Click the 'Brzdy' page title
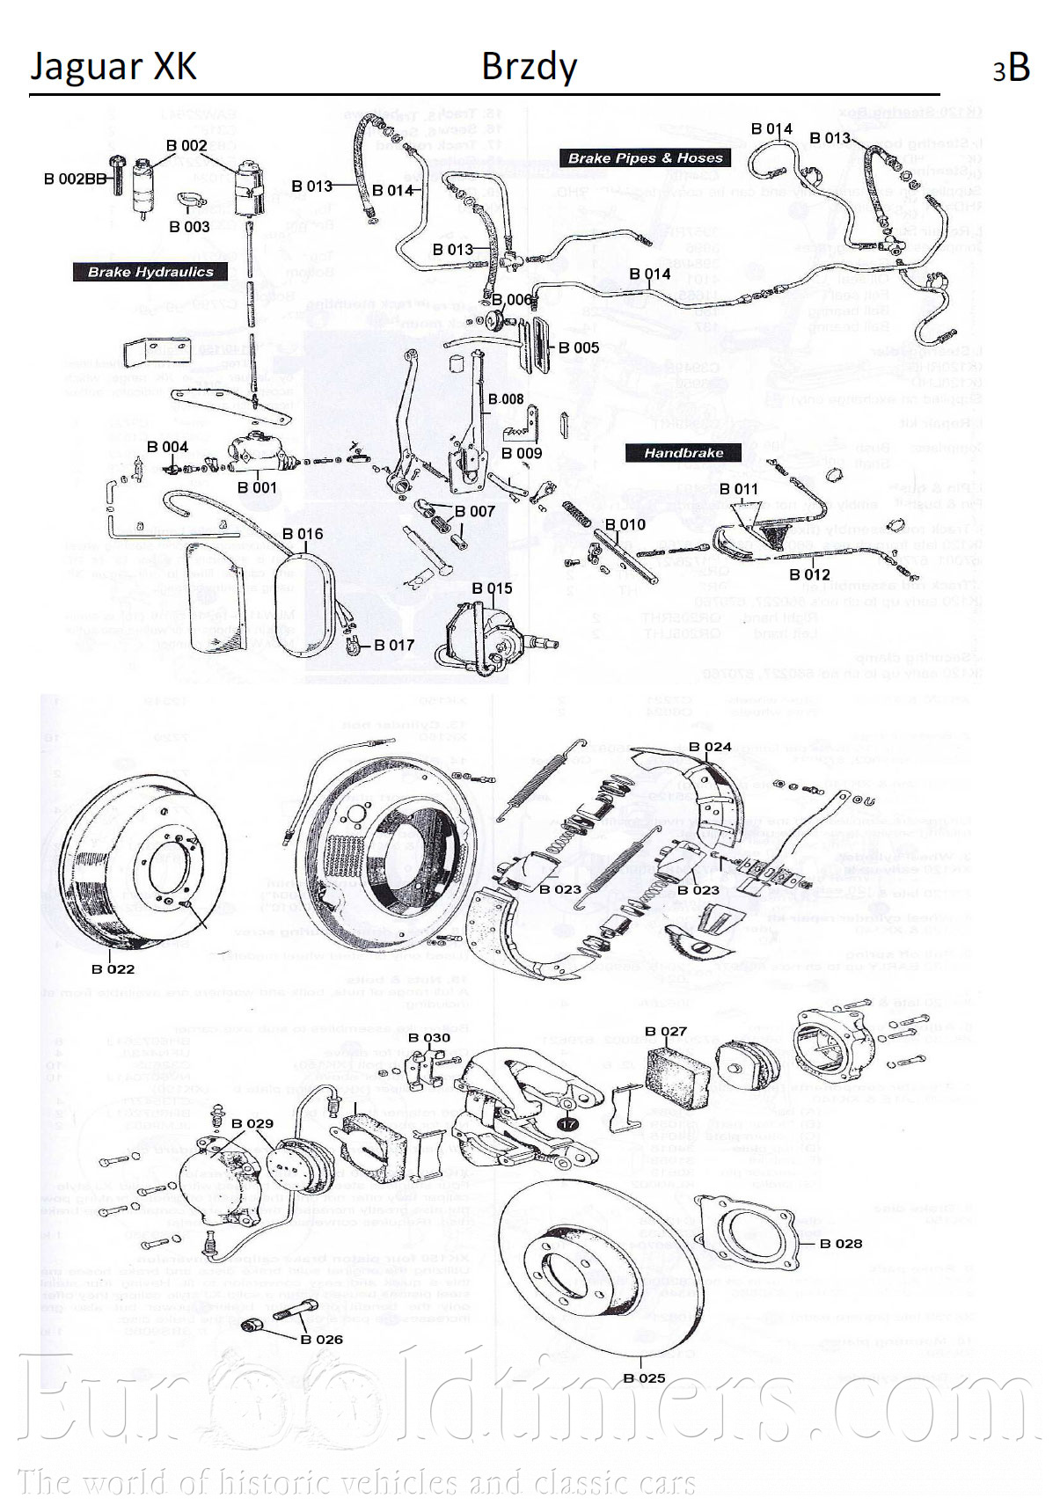click(529, 67)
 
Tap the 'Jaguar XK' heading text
click(113, 67)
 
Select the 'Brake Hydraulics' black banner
click(150, 272)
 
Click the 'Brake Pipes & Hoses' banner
click(645, 158)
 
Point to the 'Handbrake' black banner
click(684, 453)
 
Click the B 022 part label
click(113, 968)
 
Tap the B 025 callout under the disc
click(644, 1377)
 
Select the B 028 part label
click(841, 1243)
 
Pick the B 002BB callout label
click(75, 179)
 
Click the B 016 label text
click(303, 534)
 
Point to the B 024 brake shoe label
click(710, 747)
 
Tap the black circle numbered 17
click(568, 1123)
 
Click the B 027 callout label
click(665, 1031)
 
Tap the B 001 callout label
click(257, 487)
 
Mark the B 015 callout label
click(492, 588)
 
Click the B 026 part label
click(321, 1339)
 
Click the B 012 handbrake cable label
click(809, 574)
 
